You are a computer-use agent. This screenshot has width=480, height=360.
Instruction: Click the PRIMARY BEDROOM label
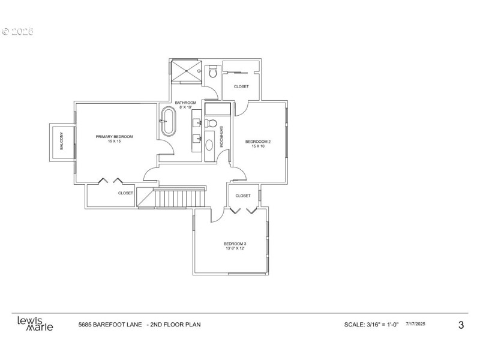click(x=114, y=137)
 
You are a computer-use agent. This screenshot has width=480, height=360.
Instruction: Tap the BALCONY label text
click(x=61, y=142)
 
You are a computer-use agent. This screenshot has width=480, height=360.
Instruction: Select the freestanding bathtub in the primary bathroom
click(x=167, y=121)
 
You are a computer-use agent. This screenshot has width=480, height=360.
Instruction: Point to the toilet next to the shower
click(x=211, y=73)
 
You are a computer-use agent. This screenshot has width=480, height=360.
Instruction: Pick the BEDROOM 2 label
click(x=258, y=142)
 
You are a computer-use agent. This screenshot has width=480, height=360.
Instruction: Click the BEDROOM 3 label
click(x=235, y=244)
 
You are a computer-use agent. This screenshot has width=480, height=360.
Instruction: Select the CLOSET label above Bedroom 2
click(x=241, y=86)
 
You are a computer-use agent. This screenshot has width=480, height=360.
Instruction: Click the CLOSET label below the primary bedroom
click(x=125, y=193)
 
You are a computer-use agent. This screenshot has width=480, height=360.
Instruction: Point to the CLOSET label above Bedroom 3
click(x=243, y=196)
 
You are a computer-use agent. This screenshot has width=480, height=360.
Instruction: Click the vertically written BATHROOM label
click(x=221, y=137)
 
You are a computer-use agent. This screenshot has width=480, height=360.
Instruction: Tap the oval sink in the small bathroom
click(x=209, y=144)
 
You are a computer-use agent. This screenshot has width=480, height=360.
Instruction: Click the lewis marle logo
click(x=35, y=324)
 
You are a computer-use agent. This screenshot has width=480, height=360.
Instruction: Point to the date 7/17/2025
click(x=416, y=324)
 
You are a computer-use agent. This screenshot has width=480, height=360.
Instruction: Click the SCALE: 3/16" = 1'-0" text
click(x=372, y=325)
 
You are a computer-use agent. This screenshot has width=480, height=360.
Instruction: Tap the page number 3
click(x=461, y=325)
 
